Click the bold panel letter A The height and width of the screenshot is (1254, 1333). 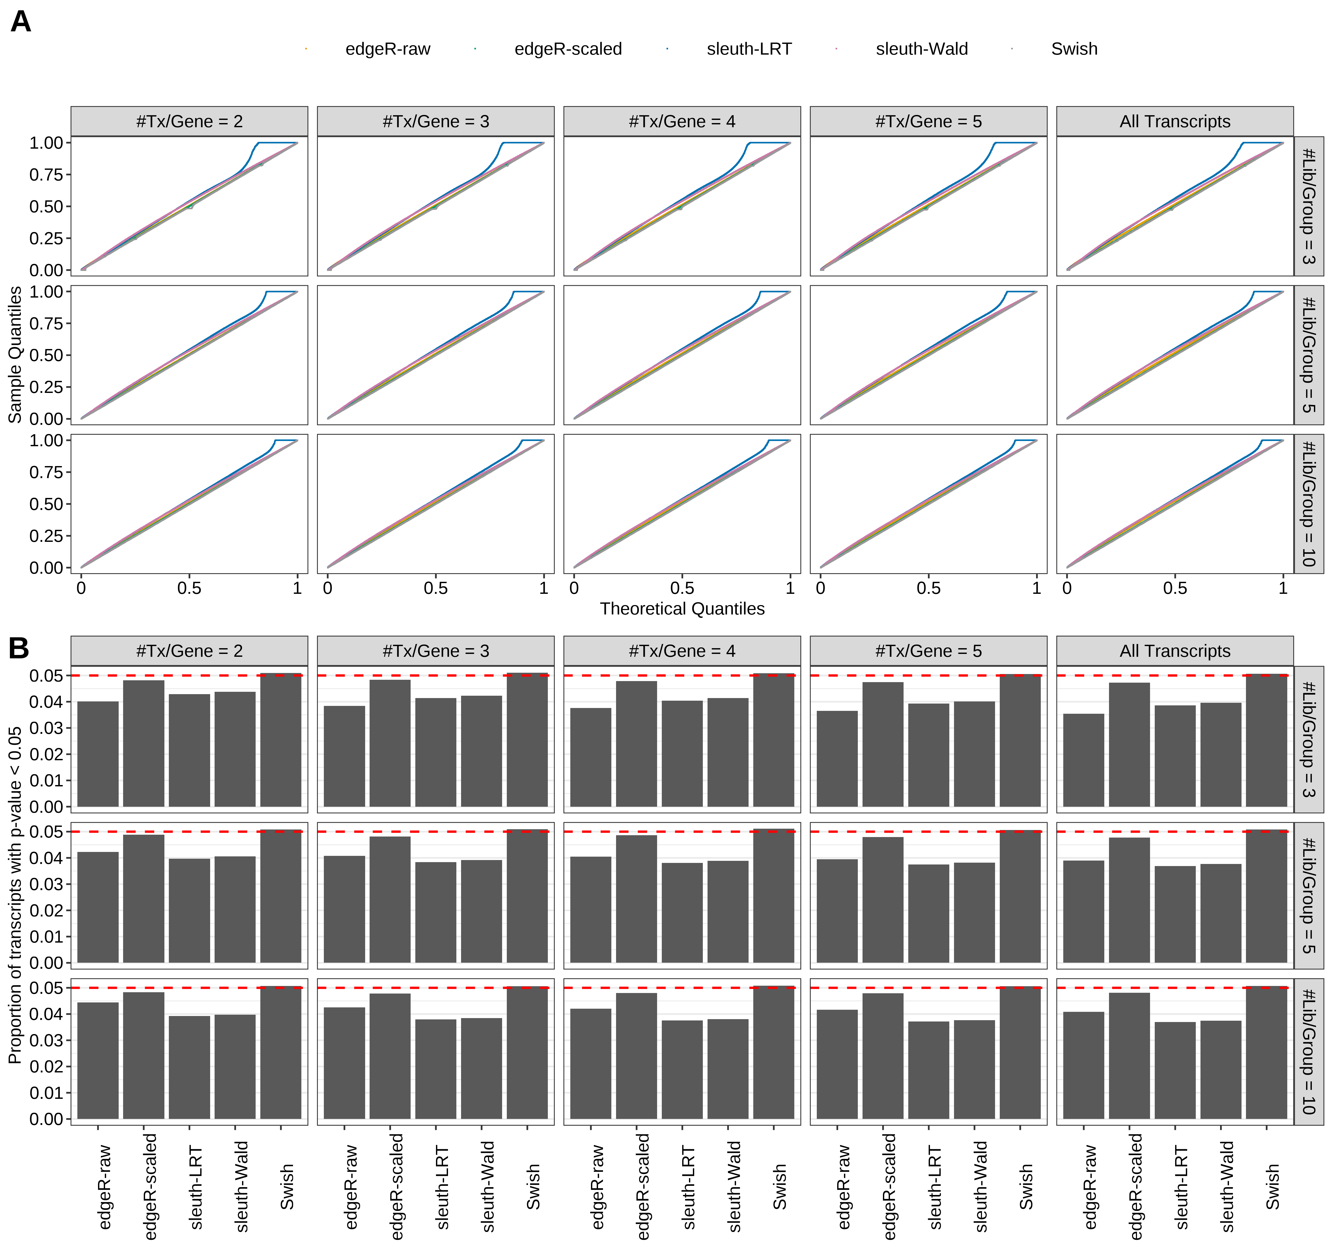[x=21, y=22]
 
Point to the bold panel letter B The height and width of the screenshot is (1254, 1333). [x=19, y=648]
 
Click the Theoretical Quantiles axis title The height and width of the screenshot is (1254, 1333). [x=682, y=608]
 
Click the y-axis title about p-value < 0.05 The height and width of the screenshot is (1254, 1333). [x=15, y=895]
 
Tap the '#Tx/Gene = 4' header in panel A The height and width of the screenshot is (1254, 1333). [x=682, y=121]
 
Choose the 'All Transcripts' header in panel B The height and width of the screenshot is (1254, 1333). [x=1175, y=651]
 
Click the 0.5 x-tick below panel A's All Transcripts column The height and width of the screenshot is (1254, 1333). [x=1175, y=588]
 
